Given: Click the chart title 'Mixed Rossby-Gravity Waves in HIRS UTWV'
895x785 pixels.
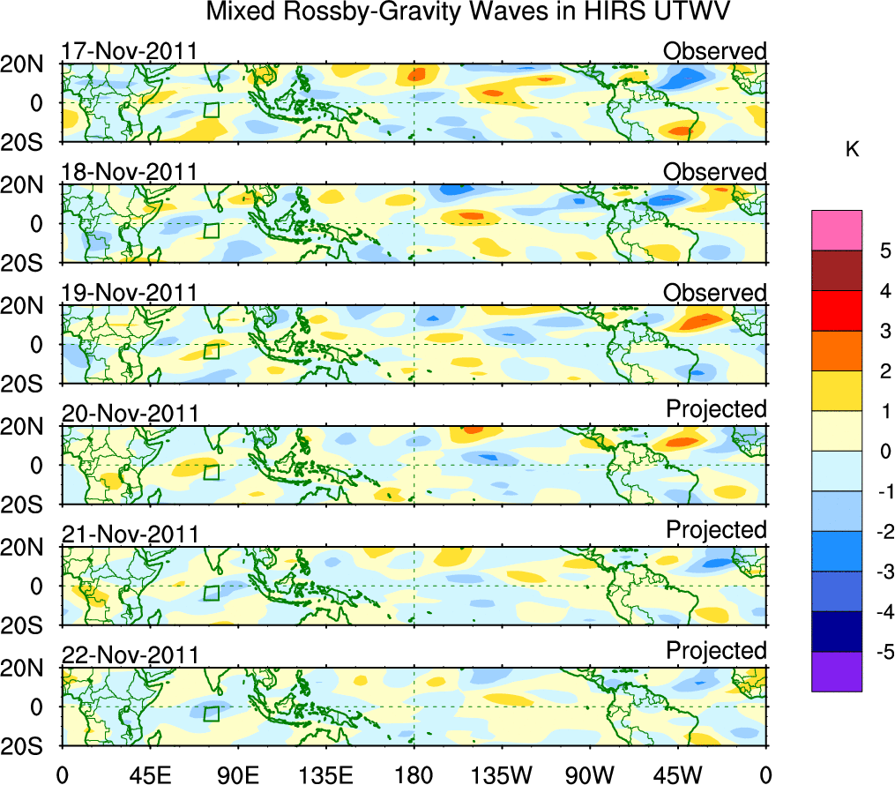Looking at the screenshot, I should (x=468, y=13).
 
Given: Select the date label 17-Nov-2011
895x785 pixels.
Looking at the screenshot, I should (x=129, y=51).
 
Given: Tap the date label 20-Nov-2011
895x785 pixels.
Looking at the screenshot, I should (x=129, y=413).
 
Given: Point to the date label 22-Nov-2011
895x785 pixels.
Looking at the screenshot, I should (x=129, y=654).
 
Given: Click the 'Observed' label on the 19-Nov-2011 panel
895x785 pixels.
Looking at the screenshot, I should (x=714, y=293).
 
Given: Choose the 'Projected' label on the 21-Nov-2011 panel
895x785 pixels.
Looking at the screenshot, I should (x=716, y=529).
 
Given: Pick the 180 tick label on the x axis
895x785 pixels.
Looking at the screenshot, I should (x=414, y=774).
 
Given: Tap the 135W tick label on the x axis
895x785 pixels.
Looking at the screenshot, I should (x=503, y=774).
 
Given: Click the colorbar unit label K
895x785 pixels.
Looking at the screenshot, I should (x=852, y=150).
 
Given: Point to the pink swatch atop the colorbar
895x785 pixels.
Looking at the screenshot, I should (x=837, y=230).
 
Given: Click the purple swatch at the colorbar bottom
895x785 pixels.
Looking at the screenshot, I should (x=837, y=671).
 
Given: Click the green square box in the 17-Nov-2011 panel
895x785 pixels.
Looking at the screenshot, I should (x=212, y=109).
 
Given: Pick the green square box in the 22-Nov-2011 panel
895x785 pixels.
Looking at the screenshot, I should (x=212, y=714).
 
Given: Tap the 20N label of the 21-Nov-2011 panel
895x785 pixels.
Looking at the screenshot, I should (x=28, y=547).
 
